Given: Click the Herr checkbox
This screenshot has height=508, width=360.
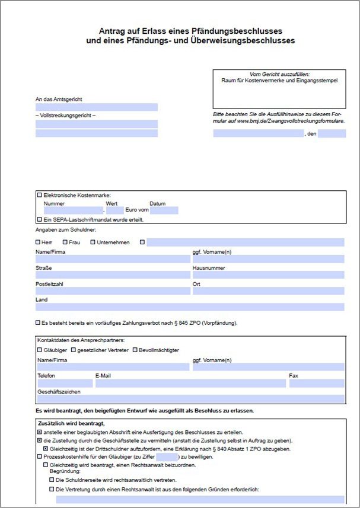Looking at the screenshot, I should (39, 242).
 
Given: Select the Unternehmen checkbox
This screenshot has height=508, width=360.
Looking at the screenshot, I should (93, 242).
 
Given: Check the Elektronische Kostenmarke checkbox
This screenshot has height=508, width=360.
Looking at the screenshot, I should (40, 195).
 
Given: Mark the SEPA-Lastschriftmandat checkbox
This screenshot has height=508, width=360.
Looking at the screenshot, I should (40, 219).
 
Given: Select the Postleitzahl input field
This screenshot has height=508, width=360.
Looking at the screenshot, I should (113, 291).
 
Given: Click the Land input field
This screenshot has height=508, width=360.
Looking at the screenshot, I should (190, 307).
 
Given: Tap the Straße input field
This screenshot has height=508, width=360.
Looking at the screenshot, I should (113, 275).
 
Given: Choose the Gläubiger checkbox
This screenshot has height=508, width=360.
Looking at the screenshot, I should (40, 350).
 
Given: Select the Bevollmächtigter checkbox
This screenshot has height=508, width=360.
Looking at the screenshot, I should (135, 350).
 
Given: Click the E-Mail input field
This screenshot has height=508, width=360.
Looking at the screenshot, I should (190, 384).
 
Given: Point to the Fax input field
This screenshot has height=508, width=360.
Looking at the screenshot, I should (316, 384).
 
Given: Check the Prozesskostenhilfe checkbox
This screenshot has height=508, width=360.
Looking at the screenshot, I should (40, 457).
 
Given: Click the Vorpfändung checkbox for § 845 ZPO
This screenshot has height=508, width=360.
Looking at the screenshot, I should (39, 323).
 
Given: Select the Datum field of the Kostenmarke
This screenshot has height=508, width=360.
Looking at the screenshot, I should (164, 210).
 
